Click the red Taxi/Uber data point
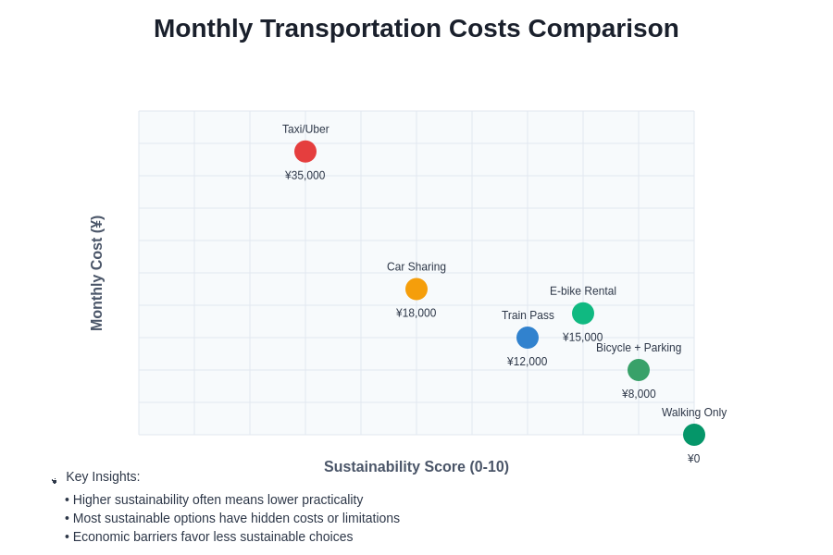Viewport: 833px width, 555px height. click(305, 152)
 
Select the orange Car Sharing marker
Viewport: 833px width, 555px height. click(416, 289)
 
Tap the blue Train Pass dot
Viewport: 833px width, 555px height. click(528, 338)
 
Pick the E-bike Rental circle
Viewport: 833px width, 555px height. click(583, 314)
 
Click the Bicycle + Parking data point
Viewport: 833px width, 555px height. click(639, 370)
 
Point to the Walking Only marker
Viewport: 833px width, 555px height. click(694, 435)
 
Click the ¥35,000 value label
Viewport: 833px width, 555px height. click(305, 176)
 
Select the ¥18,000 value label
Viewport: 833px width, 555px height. click(416, 314)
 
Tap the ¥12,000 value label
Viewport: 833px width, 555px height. click(528, 362)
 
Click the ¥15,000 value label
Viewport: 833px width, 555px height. click(583, 338)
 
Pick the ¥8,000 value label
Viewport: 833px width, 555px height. click(639, 394)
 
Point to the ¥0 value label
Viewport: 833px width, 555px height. click(694, 459)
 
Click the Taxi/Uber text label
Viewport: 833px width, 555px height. click(305, 129)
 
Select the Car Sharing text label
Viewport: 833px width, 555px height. click(416, 267)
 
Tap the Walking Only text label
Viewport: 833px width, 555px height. click(694, 413)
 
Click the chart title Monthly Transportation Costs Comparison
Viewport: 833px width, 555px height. click(416, 29)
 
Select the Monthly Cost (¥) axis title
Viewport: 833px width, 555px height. click(97, 273)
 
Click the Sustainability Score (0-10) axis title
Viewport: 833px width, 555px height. click(416, 467)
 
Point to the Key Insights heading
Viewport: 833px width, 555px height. click(103, 476)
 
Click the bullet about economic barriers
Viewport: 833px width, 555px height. click(209, 536)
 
